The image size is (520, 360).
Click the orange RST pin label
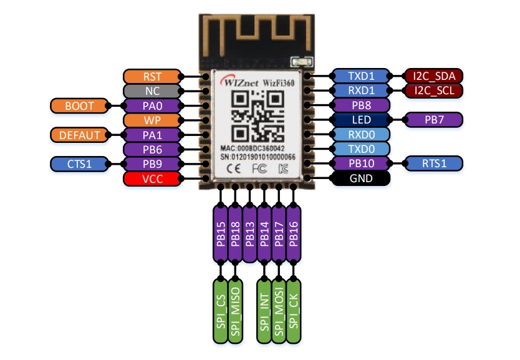(x=152, y=77)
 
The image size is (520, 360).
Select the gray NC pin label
(x=152, y=91)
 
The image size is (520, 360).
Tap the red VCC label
(x=152, y=179)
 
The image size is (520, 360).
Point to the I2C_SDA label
(x=434, y=76)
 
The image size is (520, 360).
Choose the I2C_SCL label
(x=434, y=91)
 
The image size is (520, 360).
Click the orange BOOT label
(x=79, y=106)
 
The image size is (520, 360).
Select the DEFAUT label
(x=79, y=135)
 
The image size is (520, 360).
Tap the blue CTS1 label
(x=79, y=164)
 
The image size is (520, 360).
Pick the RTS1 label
(x=434, y=164)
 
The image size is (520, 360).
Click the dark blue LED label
(x=361, y=120)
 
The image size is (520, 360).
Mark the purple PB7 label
(x=434, y=120)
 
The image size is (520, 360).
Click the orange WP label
(x=152, y=120)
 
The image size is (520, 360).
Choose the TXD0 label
(x=361, y=150)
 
